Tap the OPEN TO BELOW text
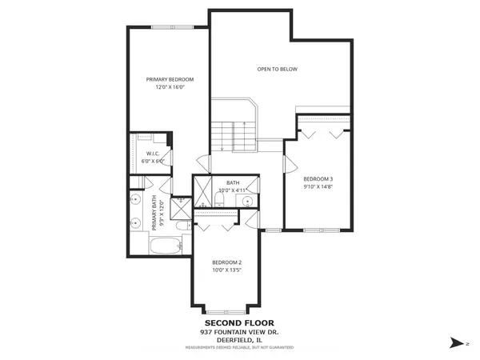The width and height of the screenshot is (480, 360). click(x=277, y=70)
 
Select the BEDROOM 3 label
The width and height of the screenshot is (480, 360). click(x=318, y=178)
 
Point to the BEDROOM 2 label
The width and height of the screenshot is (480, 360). click(x=226, y=262)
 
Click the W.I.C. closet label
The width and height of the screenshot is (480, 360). click(x=152, y=154)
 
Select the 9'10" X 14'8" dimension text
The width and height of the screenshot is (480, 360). click(x=318, y=186)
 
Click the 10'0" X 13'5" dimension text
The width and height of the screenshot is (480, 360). click(x=226, y=270)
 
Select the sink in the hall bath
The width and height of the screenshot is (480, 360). click(x=248, y=201)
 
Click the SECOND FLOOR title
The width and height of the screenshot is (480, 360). click(x=239, y=323)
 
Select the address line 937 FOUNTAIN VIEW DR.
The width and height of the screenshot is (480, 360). click(x=239, y=332)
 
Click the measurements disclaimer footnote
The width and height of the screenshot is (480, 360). click(x=239, y=347)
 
